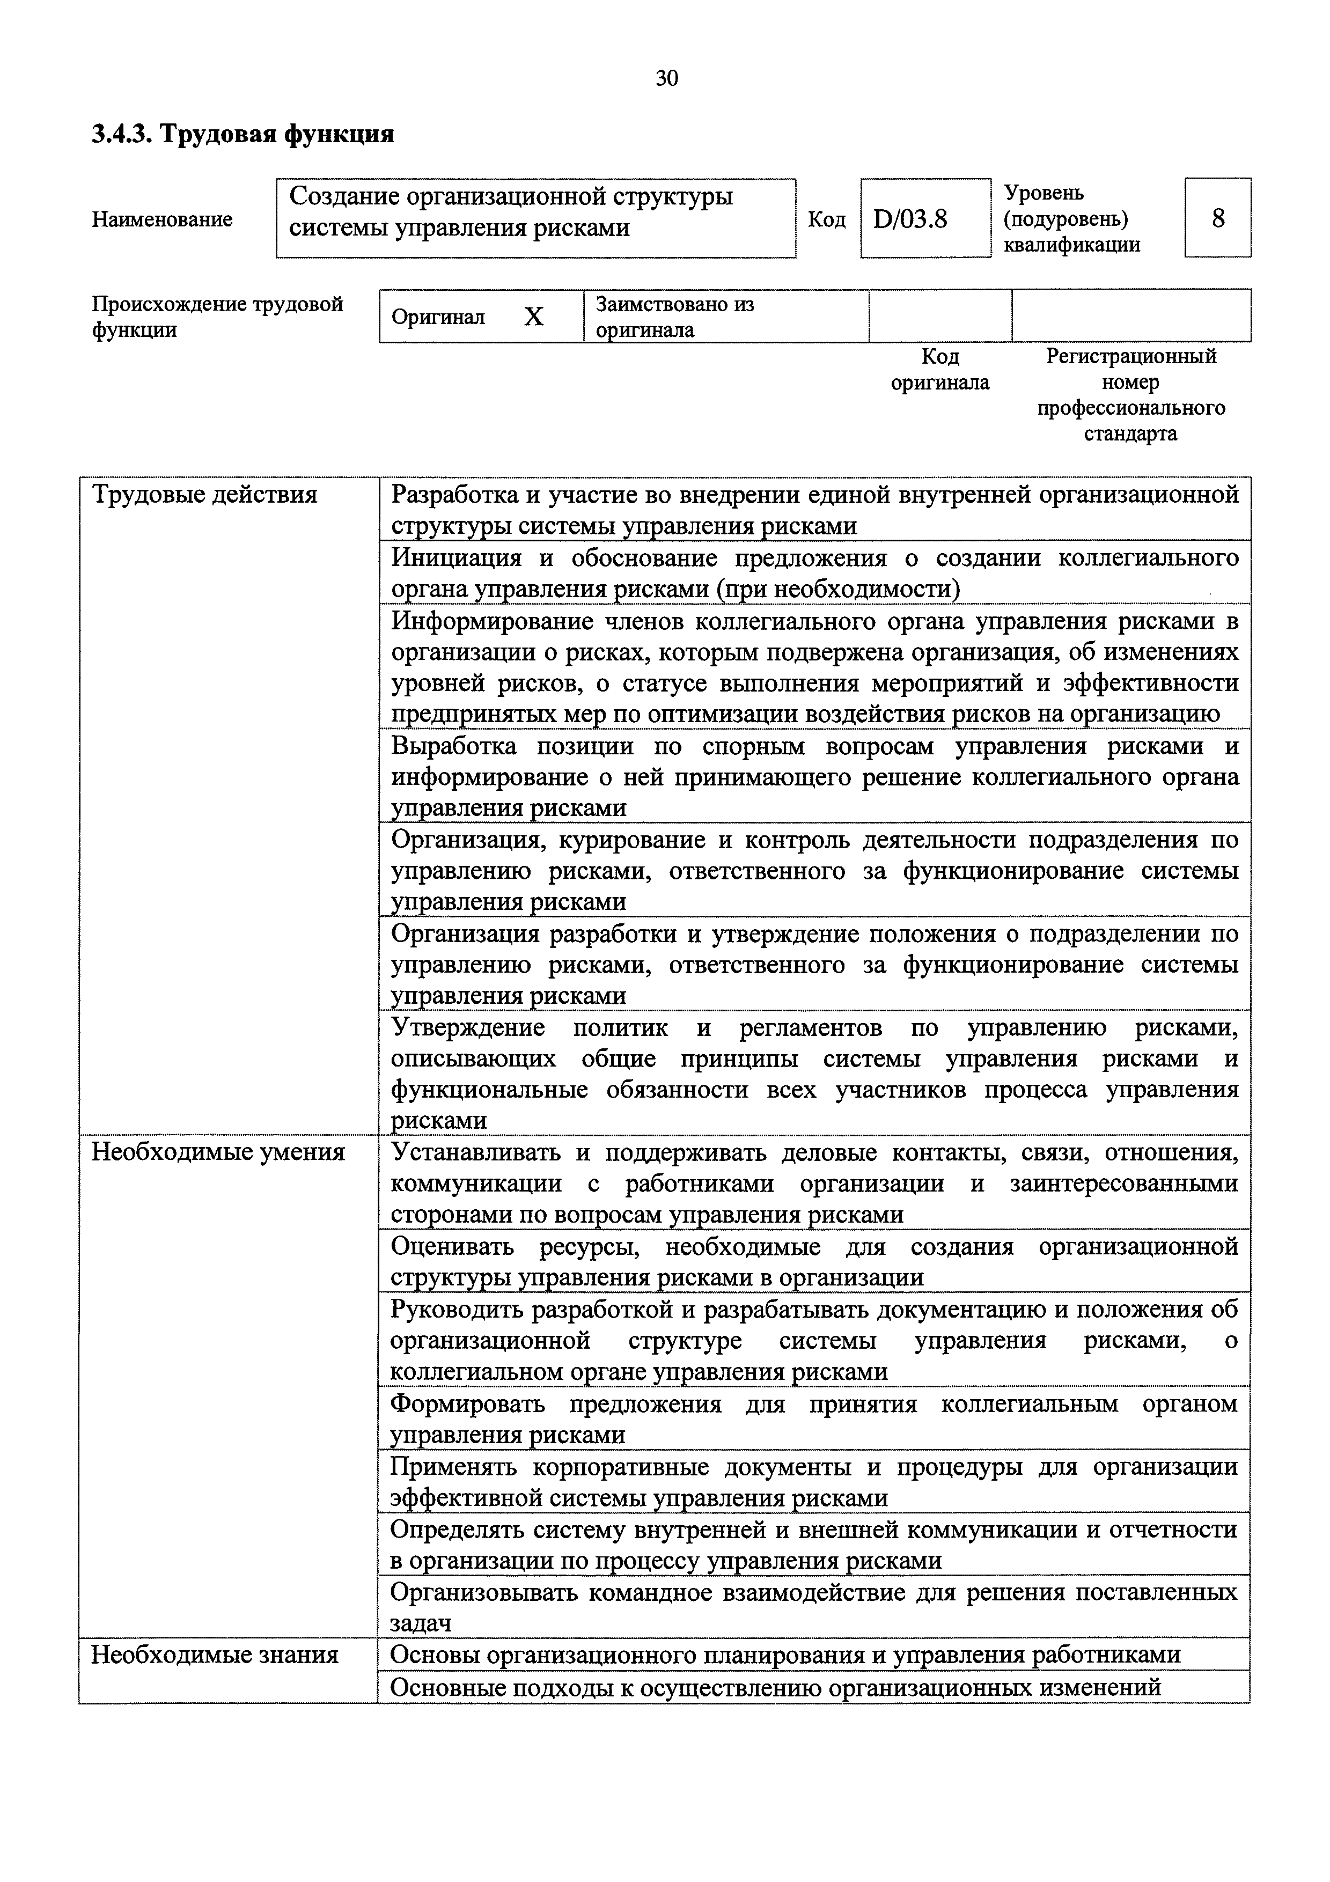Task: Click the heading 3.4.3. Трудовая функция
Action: (x=243, y=134)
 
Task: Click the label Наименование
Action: (x=162, y=219)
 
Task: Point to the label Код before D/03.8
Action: (x=826, y=219)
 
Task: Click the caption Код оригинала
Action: (x=940, y=370)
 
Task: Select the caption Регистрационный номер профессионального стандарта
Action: (x=1131, y=394)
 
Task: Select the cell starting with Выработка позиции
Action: (x=814, y=776)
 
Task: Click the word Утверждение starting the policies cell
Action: (x=467, y=1028)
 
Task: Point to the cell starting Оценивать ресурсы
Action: (x=814, y=1261)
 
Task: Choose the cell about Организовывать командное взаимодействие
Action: (x=814, y=1607)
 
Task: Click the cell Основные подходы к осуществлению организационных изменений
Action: (x=775, y=1687)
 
